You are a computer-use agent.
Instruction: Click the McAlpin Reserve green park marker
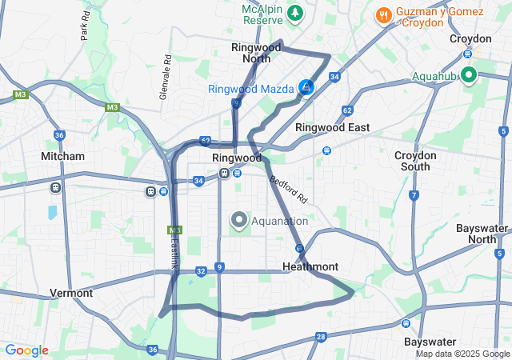tap(296, 13)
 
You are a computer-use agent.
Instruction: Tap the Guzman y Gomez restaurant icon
tap(383, 14)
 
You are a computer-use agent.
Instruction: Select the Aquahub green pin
tap(468, 76)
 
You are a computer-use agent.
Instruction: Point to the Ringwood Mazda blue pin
tap(306, 87)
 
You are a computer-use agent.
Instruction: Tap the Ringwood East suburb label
tap(333, 127)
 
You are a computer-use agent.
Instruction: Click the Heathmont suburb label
tap(310, 266)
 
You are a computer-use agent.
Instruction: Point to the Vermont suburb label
tap(71, 293)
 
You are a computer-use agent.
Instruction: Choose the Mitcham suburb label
tap(63, 156)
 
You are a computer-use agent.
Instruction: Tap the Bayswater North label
tap(482, 234)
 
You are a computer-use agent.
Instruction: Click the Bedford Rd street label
tap(288, 189)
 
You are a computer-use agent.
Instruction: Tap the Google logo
tap(26, 350)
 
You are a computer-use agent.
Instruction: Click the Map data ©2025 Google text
tap(462, 354)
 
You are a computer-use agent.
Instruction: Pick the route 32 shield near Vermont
tap(201, 272)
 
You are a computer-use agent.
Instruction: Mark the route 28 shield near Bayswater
tap(321, 337)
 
